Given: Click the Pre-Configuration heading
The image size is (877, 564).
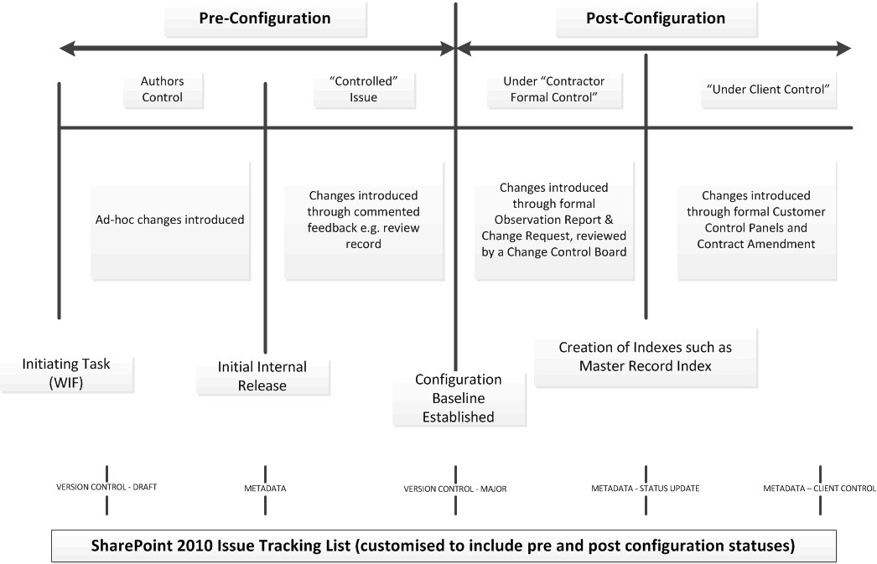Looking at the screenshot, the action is pyautogui.click(x=265, y=18).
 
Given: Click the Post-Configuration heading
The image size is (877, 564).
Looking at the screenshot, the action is pyautogui.click(x=656, y=18).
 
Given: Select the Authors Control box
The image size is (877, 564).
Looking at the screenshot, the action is pyautogui.click(x=163, y=90).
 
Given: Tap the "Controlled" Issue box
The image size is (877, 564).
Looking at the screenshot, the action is pyautogui.click(x=364, y=90).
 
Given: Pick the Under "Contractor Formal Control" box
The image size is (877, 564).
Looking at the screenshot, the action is pyautogui.click(x=554, y=90).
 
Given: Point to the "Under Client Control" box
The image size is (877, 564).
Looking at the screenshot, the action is pyautogui.click(x=769, y=90).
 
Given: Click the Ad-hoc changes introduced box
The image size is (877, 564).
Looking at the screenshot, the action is pyautogui.click(x=170, y=220).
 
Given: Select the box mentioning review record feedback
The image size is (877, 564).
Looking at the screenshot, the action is pyautogui.click(x=364, y=220).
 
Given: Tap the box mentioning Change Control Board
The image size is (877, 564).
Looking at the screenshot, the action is pyautogui.click(x=554, y=220).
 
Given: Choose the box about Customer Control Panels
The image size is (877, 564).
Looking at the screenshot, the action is pyautogui.click(x=757, y=220).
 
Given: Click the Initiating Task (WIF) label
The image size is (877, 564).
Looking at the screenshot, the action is pyautogui.click(x=66, y=374).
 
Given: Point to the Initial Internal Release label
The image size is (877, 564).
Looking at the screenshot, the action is pyautogui.click(x=262, y=376).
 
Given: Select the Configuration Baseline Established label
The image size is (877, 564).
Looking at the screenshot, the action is pyautogui.click(x=459, y=398).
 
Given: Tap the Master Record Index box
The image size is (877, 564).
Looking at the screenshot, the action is pyautogui.click(x=646, y=357).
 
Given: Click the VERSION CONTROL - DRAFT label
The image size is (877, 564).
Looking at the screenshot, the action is pyautogui.click(x=106, y=488).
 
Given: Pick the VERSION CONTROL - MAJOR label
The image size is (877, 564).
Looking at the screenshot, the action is pyautogui.click(x=455, y=489).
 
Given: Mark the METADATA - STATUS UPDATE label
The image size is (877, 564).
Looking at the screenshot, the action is pyautogui.click(x=646, y=489).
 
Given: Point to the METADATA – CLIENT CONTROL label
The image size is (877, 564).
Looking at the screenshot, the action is pyautogui.click(x=820, y=489).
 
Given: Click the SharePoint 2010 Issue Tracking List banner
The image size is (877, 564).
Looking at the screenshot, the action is pyautogui.click(x=444, y=546).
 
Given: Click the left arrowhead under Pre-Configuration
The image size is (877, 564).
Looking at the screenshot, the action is pyautogui.click(x=67, y=49).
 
